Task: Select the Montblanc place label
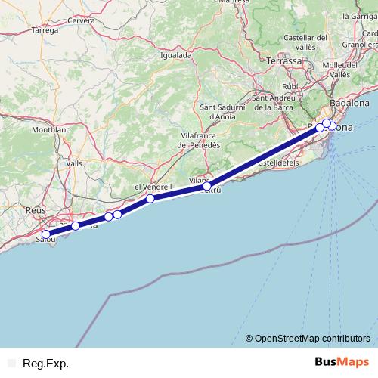[51, 130]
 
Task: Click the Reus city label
[36, 210]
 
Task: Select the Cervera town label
[81, 21]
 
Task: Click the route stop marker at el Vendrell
[150, 199]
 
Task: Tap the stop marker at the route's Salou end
[46, 234]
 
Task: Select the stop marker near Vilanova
[207, 185]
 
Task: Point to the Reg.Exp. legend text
[45, 364]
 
